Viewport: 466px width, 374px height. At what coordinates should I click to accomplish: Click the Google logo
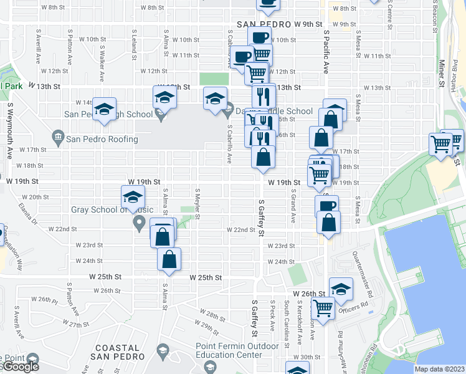20,367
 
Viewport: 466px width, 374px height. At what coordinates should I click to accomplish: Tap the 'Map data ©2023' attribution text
440,369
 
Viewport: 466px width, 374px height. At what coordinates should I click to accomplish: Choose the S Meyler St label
197,203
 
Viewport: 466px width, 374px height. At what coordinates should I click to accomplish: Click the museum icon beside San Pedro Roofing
58,137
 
